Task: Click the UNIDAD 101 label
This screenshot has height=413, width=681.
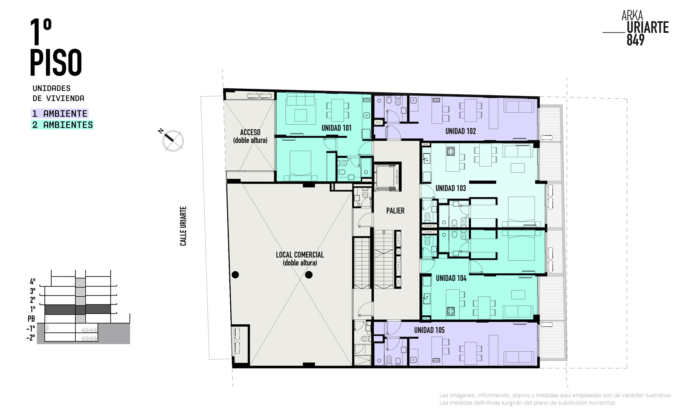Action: point(336,128)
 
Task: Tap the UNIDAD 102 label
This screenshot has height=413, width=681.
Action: point(461,131)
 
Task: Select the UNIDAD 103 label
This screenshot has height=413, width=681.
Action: point(451,188)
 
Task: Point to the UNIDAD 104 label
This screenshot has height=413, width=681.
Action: point(451,278)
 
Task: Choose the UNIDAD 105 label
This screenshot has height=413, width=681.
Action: point(429,330)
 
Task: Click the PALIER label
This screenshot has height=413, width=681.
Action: point(395,211)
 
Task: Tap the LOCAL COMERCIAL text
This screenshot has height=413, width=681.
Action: point(300,255)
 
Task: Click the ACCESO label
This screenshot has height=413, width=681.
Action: point(250,132)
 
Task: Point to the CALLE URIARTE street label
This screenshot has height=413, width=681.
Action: point(183,226)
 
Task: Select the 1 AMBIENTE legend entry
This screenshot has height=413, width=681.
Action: point(60,114)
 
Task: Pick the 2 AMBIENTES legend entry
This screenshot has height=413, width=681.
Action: point(62,125)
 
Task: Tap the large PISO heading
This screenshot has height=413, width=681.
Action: point(56,62)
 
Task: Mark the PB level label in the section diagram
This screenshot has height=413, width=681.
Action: point(31,319)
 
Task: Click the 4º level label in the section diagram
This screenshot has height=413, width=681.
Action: point(33,281)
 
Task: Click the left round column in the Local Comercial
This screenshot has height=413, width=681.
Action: point(235,275)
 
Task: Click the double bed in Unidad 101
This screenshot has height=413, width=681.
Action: point(300,165)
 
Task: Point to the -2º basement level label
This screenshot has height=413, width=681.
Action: point(31,338)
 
